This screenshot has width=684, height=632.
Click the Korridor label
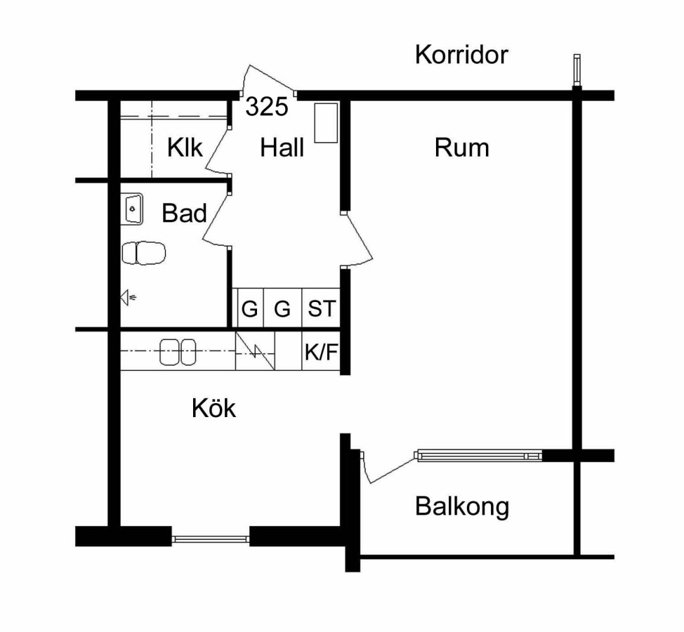pyautogui.click(x=461, y=55)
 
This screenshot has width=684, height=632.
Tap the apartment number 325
pyautogui.click(x=267, y=107)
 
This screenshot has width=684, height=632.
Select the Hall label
pyautogui.click(x=282, y=148)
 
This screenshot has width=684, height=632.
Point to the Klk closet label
pyautogui.click(x=185, y=148)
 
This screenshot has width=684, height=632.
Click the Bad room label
pyautogui.click(x=184, y=213)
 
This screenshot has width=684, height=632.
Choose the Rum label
pyautogui.click(x=461, y=148)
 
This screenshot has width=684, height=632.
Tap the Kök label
pyautogui.click(x=214, y=408)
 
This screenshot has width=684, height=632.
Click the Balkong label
pyautogui.click(x=461, y=506)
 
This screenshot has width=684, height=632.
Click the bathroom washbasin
pyautogui.click(x=132, y=209)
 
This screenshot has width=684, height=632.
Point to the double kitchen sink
pyautogui.click(x=178, y=351)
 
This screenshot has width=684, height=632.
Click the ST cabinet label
pyautogui.click(x=322, y=309)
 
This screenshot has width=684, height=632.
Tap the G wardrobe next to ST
pyautogui.click(x=282, y=309)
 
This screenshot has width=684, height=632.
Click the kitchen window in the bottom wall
pyautogui.click(x=211, y=539)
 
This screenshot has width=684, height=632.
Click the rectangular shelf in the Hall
pyautogui.click(x=326, y=123)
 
